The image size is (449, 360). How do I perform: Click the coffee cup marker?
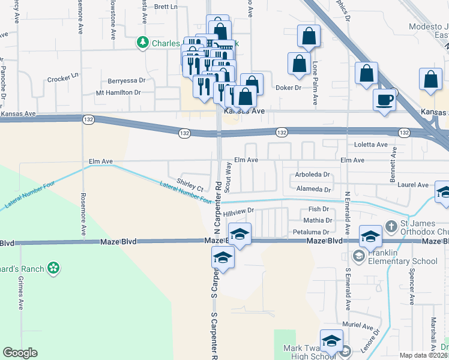point(384,99)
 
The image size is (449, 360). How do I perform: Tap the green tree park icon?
point(143,43)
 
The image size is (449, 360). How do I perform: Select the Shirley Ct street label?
point(190,185)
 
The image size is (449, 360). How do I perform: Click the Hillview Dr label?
point(239,212)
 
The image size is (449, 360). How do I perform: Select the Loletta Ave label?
point(371,145)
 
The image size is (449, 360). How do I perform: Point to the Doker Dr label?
point(288,88)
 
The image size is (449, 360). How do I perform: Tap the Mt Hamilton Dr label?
point(118,92)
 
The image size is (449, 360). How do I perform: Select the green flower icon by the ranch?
point(54,268)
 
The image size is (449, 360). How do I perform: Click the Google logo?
point(20,353)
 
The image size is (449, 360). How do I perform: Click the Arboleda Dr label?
point(313,175)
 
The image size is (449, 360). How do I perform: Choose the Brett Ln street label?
point(166,7)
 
